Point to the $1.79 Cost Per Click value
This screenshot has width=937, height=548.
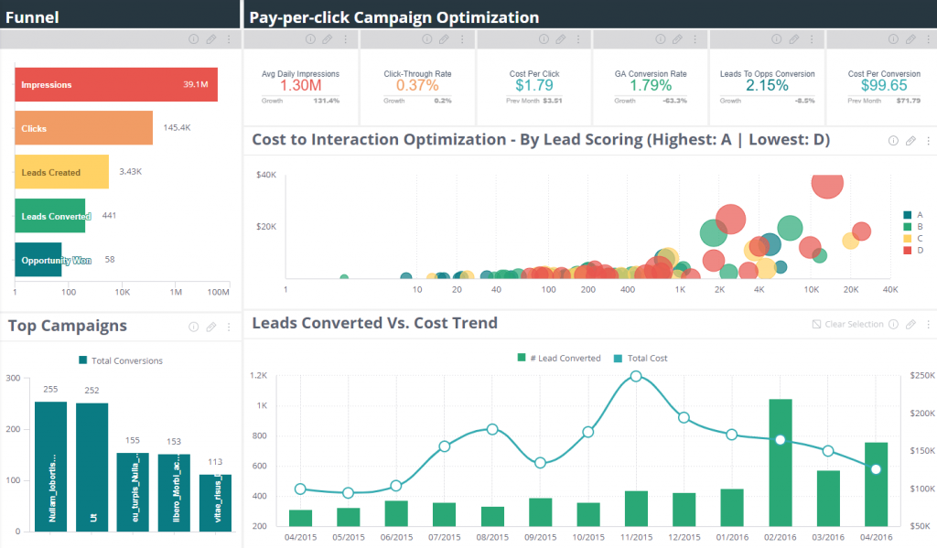point(533,85)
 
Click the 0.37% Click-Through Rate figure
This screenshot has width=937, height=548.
point(417,85)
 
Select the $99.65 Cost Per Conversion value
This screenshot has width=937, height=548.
point(884,85)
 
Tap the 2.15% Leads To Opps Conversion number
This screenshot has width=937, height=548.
point(767,85)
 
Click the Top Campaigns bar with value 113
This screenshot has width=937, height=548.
point(215,502)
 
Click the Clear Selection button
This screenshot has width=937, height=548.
point(847,324)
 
